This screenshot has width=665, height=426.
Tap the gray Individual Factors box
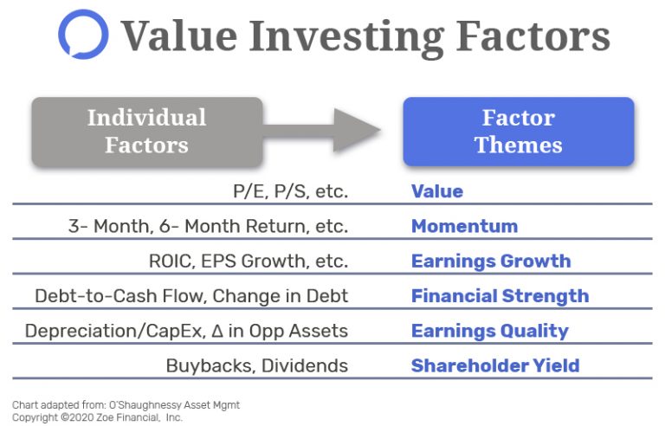tap(146, 132)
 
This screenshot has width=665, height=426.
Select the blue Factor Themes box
tap(519, 132)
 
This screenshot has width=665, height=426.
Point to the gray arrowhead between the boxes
tap(356, 130)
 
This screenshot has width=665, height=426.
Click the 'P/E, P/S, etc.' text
tap(291, 191)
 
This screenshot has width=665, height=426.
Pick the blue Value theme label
tap(436, 191)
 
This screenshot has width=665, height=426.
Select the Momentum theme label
tap(464, 226)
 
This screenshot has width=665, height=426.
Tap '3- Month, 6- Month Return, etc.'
tap(208, 226)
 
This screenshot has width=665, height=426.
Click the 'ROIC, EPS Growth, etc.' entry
tap(249, 261)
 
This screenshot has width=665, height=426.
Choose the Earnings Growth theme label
tap(491, 261)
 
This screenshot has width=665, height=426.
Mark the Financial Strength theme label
tap(500, 296)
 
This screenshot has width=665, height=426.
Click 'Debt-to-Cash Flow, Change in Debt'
tap(191, 296)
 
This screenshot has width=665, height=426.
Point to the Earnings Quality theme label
tap(490, 332)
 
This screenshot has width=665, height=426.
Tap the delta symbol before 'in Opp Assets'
tap(217, 331)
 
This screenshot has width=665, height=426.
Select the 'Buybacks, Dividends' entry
tap(257, 365)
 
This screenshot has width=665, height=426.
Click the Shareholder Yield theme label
tap(495, 365)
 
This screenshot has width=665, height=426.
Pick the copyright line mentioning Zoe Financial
tap(97, 417)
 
